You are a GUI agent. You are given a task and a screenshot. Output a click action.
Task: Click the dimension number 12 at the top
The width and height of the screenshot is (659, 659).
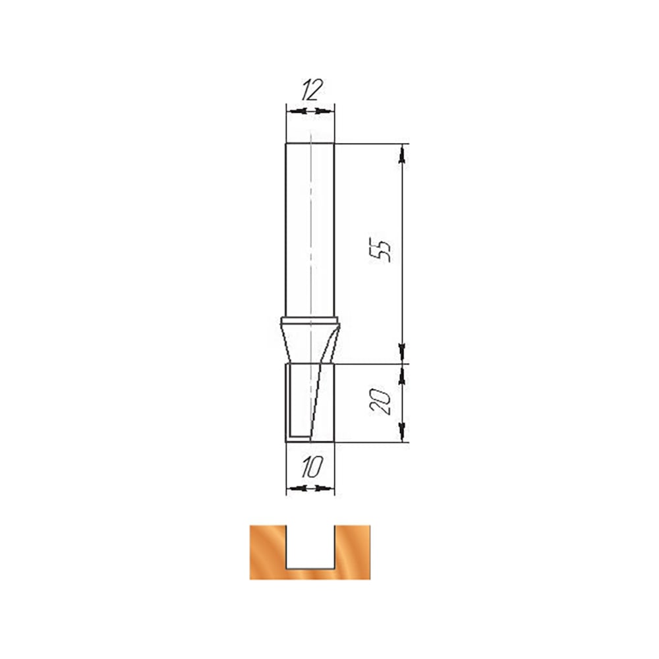coord(312,90)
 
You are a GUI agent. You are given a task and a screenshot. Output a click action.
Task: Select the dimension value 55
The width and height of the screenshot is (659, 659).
coord(380,250)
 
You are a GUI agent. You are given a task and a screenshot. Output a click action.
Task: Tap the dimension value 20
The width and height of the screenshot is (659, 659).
coord(380,402)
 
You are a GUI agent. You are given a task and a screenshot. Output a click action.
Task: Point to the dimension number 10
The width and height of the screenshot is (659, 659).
coord(312,467)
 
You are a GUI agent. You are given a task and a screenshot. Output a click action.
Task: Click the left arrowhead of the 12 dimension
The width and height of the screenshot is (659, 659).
coord(297,111)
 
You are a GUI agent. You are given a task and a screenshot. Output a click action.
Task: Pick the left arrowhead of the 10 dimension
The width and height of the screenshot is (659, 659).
coord(297,488)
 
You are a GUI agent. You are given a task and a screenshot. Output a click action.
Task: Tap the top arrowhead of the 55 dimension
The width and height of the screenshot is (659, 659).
coord(402,154)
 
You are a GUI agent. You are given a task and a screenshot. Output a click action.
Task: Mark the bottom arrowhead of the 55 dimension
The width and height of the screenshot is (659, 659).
coord(402,352)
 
